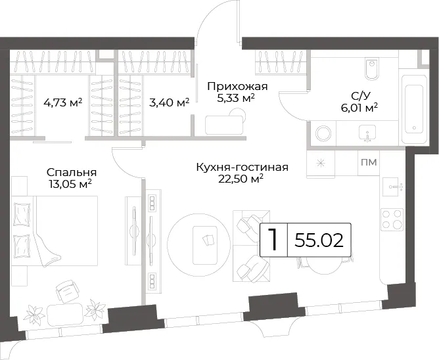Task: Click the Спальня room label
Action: click(x=72, y=172)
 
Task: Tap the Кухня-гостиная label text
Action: click(x=243, y=167)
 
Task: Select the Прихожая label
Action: click(x=237, y=86)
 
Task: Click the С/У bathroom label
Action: click(x=361, y=96)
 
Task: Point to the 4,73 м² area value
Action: click(x=62, y=102)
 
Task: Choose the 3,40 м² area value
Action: click(x=170, y=102)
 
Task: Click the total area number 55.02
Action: click(x=319, y=240)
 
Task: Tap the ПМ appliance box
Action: click(x=369, y=162)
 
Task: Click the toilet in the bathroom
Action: click(x=372, y=69)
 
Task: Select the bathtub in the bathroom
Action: click(x=414, y=110)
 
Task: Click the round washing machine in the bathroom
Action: click(x=323, y=133)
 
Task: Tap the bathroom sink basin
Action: click(x=367, y=133)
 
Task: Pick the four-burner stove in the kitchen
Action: click(x=392, y=219)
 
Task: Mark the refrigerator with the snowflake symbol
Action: click(x=321, y=163)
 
